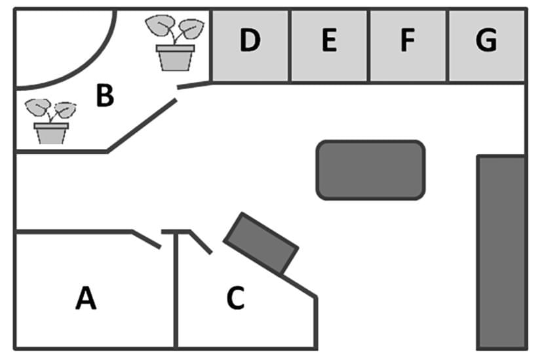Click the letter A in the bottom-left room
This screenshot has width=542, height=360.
86,298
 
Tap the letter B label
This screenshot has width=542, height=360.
105,96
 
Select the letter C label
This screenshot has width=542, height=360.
235,298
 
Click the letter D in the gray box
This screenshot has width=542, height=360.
250,41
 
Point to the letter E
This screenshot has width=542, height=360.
329,41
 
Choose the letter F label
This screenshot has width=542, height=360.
408,41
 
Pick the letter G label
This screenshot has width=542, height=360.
486,41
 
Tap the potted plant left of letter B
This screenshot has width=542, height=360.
51,121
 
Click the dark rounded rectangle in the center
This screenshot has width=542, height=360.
371,170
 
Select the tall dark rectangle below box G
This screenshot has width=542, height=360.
501,252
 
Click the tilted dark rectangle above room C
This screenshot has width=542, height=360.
261,243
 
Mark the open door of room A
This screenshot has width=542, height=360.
147,239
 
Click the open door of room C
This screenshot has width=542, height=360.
201,242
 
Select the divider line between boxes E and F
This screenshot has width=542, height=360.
369,46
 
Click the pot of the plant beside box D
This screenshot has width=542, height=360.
175,57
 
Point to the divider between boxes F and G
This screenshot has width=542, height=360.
448,46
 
